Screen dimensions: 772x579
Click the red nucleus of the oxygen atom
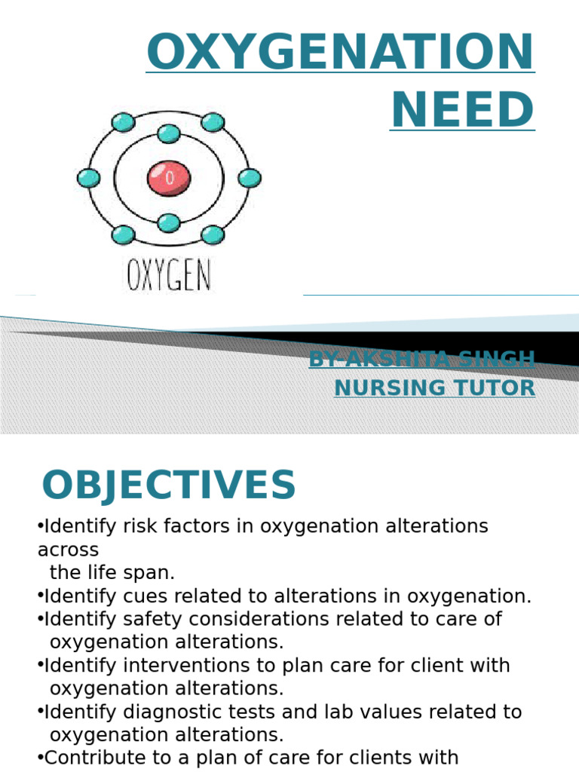click(x=169, y=178)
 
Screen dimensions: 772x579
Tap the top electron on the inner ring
click(x=169, y=135)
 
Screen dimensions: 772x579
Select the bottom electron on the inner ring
click(x=169, y=222)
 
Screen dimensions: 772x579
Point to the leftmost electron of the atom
click(x=88, y=179)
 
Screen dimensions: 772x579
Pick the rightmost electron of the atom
click(x=250, y=179)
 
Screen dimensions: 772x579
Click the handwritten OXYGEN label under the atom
click(x=169, y=276)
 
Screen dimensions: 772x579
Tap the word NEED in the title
click(x=462, y=109)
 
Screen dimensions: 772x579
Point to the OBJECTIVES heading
click(x=169, y=486)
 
